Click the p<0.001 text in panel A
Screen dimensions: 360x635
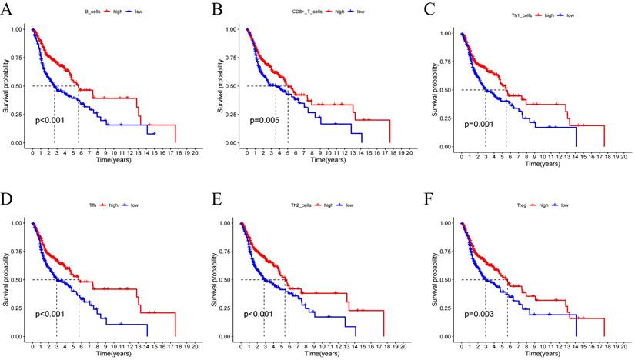coord(52,120)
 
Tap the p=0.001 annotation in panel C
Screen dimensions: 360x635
coord(480,124)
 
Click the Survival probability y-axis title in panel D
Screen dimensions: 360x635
coord(5,280)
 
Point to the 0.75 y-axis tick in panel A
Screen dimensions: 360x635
coord(15,58)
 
